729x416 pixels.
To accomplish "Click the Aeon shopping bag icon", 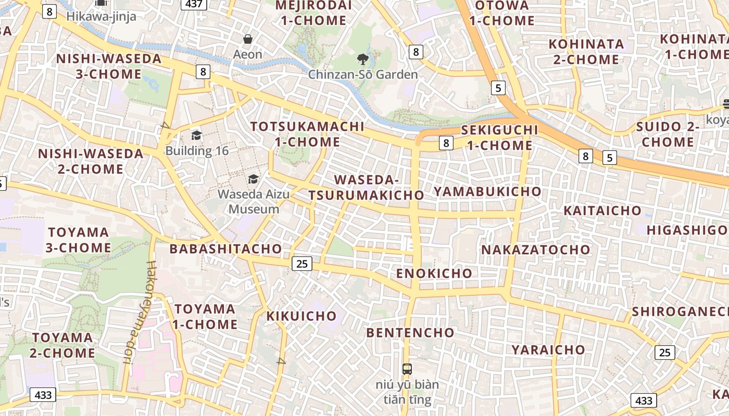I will pyautogui.click(x=248, y=39).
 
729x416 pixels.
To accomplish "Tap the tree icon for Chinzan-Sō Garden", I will pyautogui.click(x=363, y=59).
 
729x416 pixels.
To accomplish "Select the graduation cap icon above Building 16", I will pyautogui.click(x=196, y=136).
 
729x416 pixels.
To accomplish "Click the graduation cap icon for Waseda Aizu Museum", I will pyautogui.click(x=253, y=179).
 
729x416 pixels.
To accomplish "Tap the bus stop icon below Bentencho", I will pyautogui.click(x=407, y=369).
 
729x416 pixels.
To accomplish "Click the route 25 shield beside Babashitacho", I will pyautogui.click(x=301, y=264).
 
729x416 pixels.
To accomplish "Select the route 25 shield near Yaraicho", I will pyautogui.click(x=664, y=353).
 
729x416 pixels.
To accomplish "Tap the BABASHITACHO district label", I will pyautogui.click(x=225, y=249).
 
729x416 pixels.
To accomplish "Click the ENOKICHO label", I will pyautogui.click(x=434, y=274).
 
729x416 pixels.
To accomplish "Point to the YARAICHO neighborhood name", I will pyautogui.click(x=548, y=349).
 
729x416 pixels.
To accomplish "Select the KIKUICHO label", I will pyautogui.click(x=302, y=316).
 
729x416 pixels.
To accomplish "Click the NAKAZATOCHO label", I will pyautogui.click(x=536, y=250).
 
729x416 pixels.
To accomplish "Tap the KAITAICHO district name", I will pyautogui.click(x=602, y=211).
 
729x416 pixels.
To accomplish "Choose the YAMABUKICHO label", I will pyautogui.click(x=487, y=191).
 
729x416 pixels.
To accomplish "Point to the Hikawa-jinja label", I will pyautogui.click(x=101, y=17).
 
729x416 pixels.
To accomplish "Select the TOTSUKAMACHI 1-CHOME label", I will pyautogui.click(x=307, y=134).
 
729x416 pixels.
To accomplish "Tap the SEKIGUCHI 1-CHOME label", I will pyautogui.click(x=499, y=137).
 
